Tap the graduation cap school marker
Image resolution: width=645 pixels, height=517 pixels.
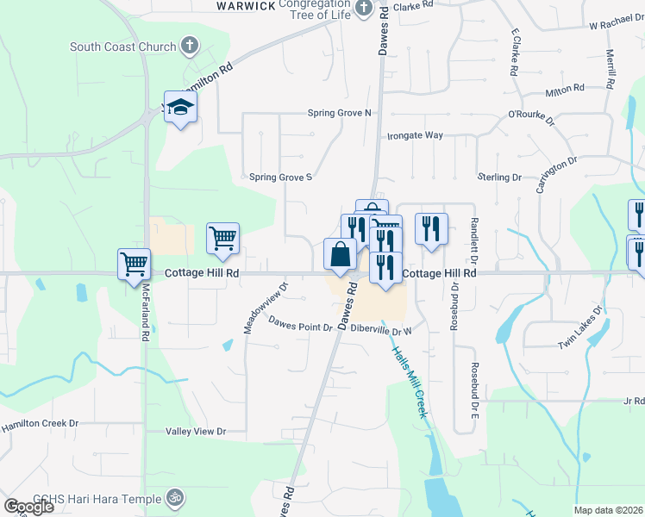(180, 107)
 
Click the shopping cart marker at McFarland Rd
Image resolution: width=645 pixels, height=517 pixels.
(135, 265)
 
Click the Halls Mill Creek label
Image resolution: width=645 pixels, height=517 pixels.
(410, 383)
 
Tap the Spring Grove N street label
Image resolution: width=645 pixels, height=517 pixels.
(339, 113)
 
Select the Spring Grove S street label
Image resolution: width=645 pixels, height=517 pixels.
(279, 178)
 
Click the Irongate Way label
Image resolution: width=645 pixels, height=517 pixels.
(415, 135)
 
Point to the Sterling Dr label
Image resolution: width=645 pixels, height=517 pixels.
(500, 178)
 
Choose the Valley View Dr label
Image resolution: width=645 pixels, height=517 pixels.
(196, 431)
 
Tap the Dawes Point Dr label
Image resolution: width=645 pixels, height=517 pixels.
(299, 327)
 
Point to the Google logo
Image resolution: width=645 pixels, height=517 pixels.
(28, 506)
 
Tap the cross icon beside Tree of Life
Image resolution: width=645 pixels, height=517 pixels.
(363, 9)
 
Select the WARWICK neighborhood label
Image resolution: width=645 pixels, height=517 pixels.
(246, 5)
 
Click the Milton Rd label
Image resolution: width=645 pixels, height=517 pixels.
(565, 89)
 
